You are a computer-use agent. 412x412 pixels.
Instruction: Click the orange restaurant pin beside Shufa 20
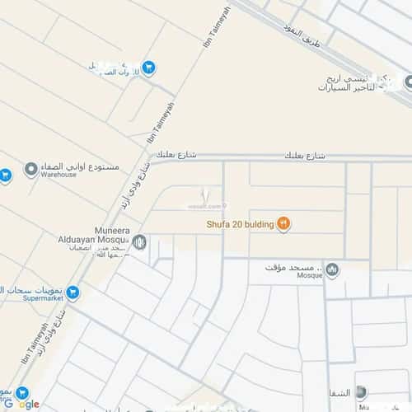(283, 223)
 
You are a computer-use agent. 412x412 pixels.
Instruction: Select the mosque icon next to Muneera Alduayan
(139, 242)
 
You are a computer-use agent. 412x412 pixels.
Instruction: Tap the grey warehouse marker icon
(31, 170)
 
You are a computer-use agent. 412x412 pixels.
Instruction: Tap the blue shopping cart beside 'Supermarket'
(73, 291)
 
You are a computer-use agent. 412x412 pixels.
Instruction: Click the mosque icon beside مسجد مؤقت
(332, 269)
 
